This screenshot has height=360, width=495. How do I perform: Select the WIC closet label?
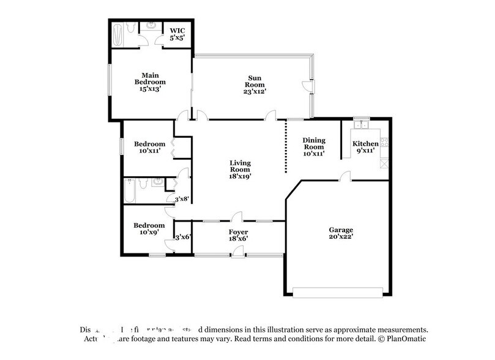pos(177,30)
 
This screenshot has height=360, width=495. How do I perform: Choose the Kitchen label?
pos(365,144)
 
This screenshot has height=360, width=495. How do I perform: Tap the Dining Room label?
pos(313,143)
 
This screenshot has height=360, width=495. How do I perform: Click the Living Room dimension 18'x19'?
pos(240,176)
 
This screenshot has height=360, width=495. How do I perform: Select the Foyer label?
pos(238,232)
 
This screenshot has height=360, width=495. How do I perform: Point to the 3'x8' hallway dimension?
pos(182,199)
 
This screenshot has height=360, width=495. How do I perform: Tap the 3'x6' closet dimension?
pos(182,238)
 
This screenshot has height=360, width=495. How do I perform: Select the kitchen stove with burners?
pos(384,142)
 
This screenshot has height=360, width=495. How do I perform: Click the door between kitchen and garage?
pos(346,177)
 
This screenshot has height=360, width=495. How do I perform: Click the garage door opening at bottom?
pos(341,293)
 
